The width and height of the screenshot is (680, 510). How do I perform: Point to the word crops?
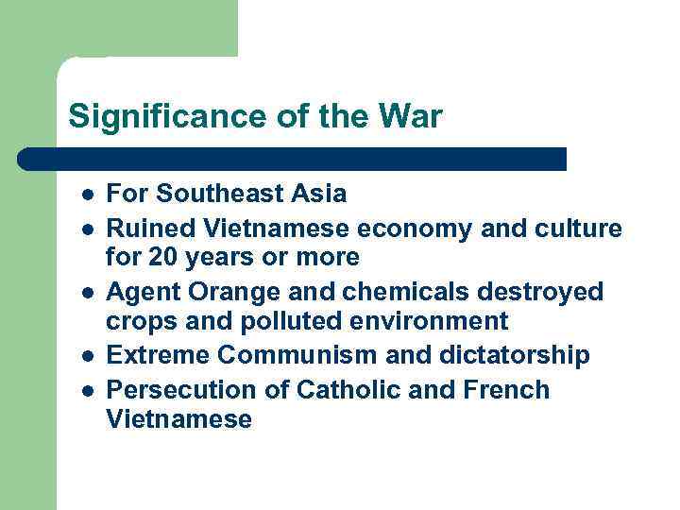(138, 321)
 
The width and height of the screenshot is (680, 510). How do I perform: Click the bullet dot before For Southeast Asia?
(86, 195)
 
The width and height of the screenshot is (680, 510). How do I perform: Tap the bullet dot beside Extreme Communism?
(86, 356)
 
